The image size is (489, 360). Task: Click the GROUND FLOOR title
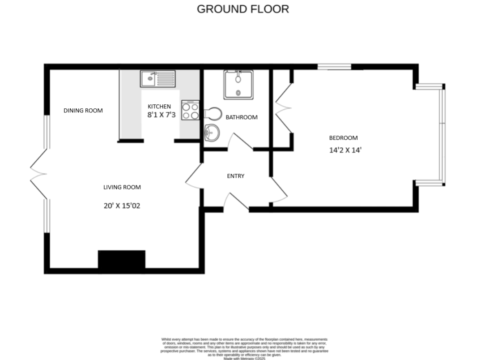243,9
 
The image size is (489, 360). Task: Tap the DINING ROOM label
83,111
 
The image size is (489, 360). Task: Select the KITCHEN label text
159,107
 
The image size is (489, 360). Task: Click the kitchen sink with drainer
157,79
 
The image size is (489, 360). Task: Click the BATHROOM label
241,117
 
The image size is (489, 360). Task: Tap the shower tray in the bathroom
238,85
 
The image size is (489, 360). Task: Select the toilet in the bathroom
213,114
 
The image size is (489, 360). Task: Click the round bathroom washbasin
211,133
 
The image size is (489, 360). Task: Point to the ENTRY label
236,176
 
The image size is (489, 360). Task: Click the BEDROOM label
343,138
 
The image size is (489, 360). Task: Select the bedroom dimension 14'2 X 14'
345,150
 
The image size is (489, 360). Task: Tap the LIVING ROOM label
122,187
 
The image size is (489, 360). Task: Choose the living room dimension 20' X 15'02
122,206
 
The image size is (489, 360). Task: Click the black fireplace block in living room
121,261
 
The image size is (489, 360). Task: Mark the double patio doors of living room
39,172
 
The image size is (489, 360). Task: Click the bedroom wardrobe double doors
283,108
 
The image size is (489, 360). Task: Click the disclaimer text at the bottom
244,347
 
